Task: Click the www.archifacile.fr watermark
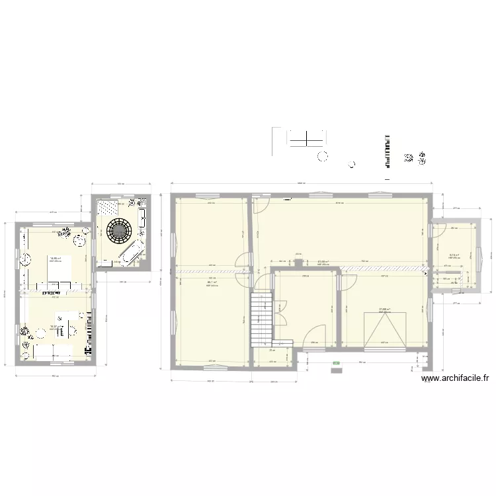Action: (x=455, y=379)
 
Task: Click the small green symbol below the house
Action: (x=335, y=363)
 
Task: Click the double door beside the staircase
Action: (x=280, y=311)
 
